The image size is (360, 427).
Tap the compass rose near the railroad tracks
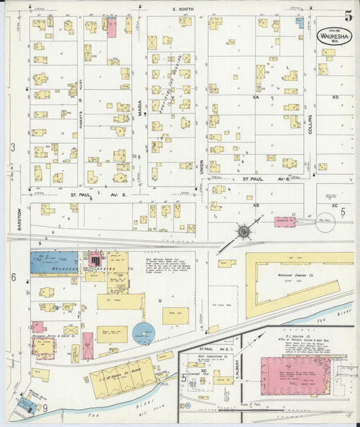click(242, 232)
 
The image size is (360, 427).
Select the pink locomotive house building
click(284, 221)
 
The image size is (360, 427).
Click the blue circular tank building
click(143, 333)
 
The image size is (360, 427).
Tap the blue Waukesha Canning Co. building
click(54, 262)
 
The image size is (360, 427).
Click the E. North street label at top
click(182, 9)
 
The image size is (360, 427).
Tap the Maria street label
click(140, 109)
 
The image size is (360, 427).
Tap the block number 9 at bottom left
click(45, 407)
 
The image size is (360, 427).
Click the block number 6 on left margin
click(13, 278)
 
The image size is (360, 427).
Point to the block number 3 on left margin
click(12, 147)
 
